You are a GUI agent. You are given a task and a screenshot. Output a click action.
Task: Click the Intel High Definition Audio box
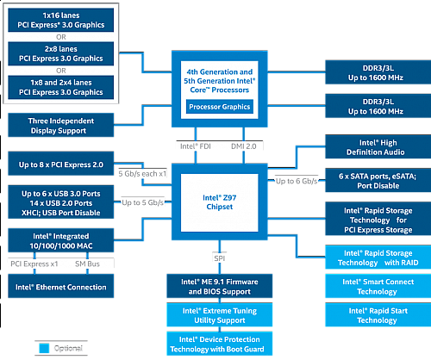point(373,146)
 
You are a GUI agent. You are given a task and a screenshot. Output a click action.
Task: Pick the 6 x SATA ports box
point(373,180)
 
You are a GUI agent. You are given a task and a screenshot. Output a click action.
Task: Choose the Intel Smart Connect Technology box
point(373,286)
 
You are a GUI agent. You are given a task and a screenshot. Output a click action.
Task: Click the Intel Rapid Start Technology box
point(373,314)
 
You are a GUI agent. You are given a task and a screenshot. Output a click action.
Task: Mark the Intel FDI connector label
point(193,147)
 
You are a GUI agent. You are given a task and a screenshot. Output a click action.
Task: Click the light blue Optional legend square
point(45,349)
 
